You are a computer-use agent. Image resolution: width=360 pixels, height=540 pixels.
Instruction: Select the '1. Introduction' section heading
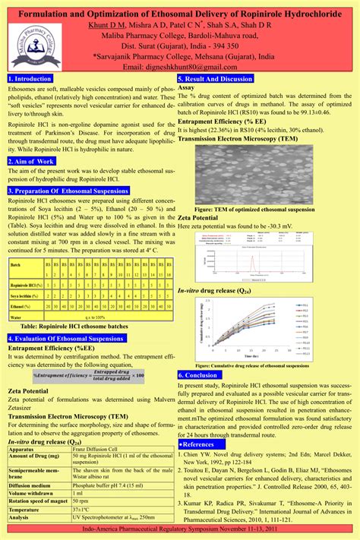(31, 78)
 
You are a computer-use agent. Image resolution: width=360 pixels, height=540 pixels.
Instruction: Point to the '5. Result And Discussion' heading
(216, 78)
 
